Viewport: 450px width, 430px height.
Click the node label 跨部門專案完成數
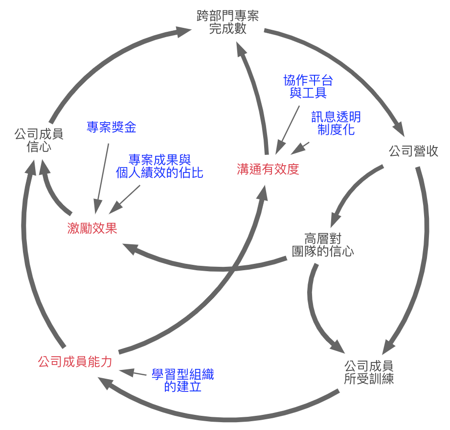(x=227, y=22)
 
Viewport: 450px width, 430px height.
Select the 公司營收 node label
(x=413, y=151)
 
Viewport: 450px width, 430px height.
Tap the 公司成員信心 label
(x=39, y=140)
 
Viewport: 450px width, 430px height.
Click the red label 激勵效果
(x=92, y=228)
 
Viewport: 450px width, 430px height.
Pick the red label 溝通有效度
(x=268, y=169)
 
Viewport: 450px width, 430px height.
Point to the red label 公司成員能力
(x=75, y=362)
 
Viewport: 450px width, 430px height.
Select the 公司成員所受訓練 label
(x=369, y=372)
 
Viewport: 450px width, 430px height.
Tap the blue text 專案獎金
(x=111, y=128)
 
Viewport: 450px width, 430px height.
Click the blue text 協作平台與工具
(x=308, y=86)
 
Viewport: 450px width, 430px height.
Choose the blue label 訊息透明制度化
(x=336, y=123)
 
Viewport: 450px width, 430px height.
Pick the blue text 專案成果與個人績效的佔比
(x=159, y=166)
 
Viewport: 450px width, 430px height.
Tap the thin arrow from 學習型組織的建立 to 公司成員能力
(x=133, y=373)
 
